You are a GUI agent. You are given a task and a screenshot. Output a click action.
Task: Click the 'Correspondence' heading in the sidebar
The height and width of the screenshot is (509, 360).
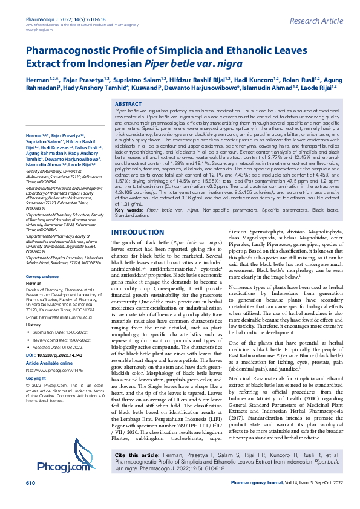coord(47,276)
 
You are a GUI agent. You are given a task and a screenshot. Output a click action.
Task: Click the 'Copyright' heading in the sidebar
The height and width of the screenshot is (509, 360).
coord(36,378)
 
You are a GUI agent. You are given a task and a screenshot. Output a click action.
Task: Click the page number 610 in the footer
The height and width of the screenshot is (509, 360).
coord(30,501)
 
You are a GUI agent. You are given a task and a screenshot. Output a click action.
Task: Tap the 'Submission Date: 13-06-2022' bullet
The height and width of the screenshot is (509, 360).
coord(61,332)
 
